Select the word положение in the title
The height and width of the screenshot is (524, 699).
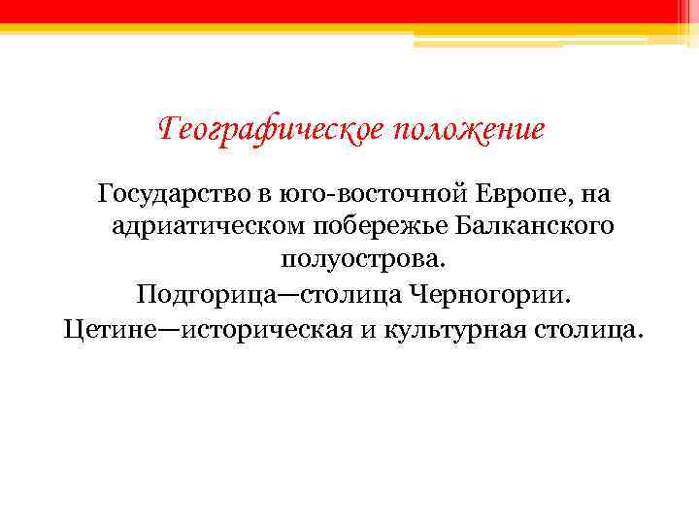point(469,129)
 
